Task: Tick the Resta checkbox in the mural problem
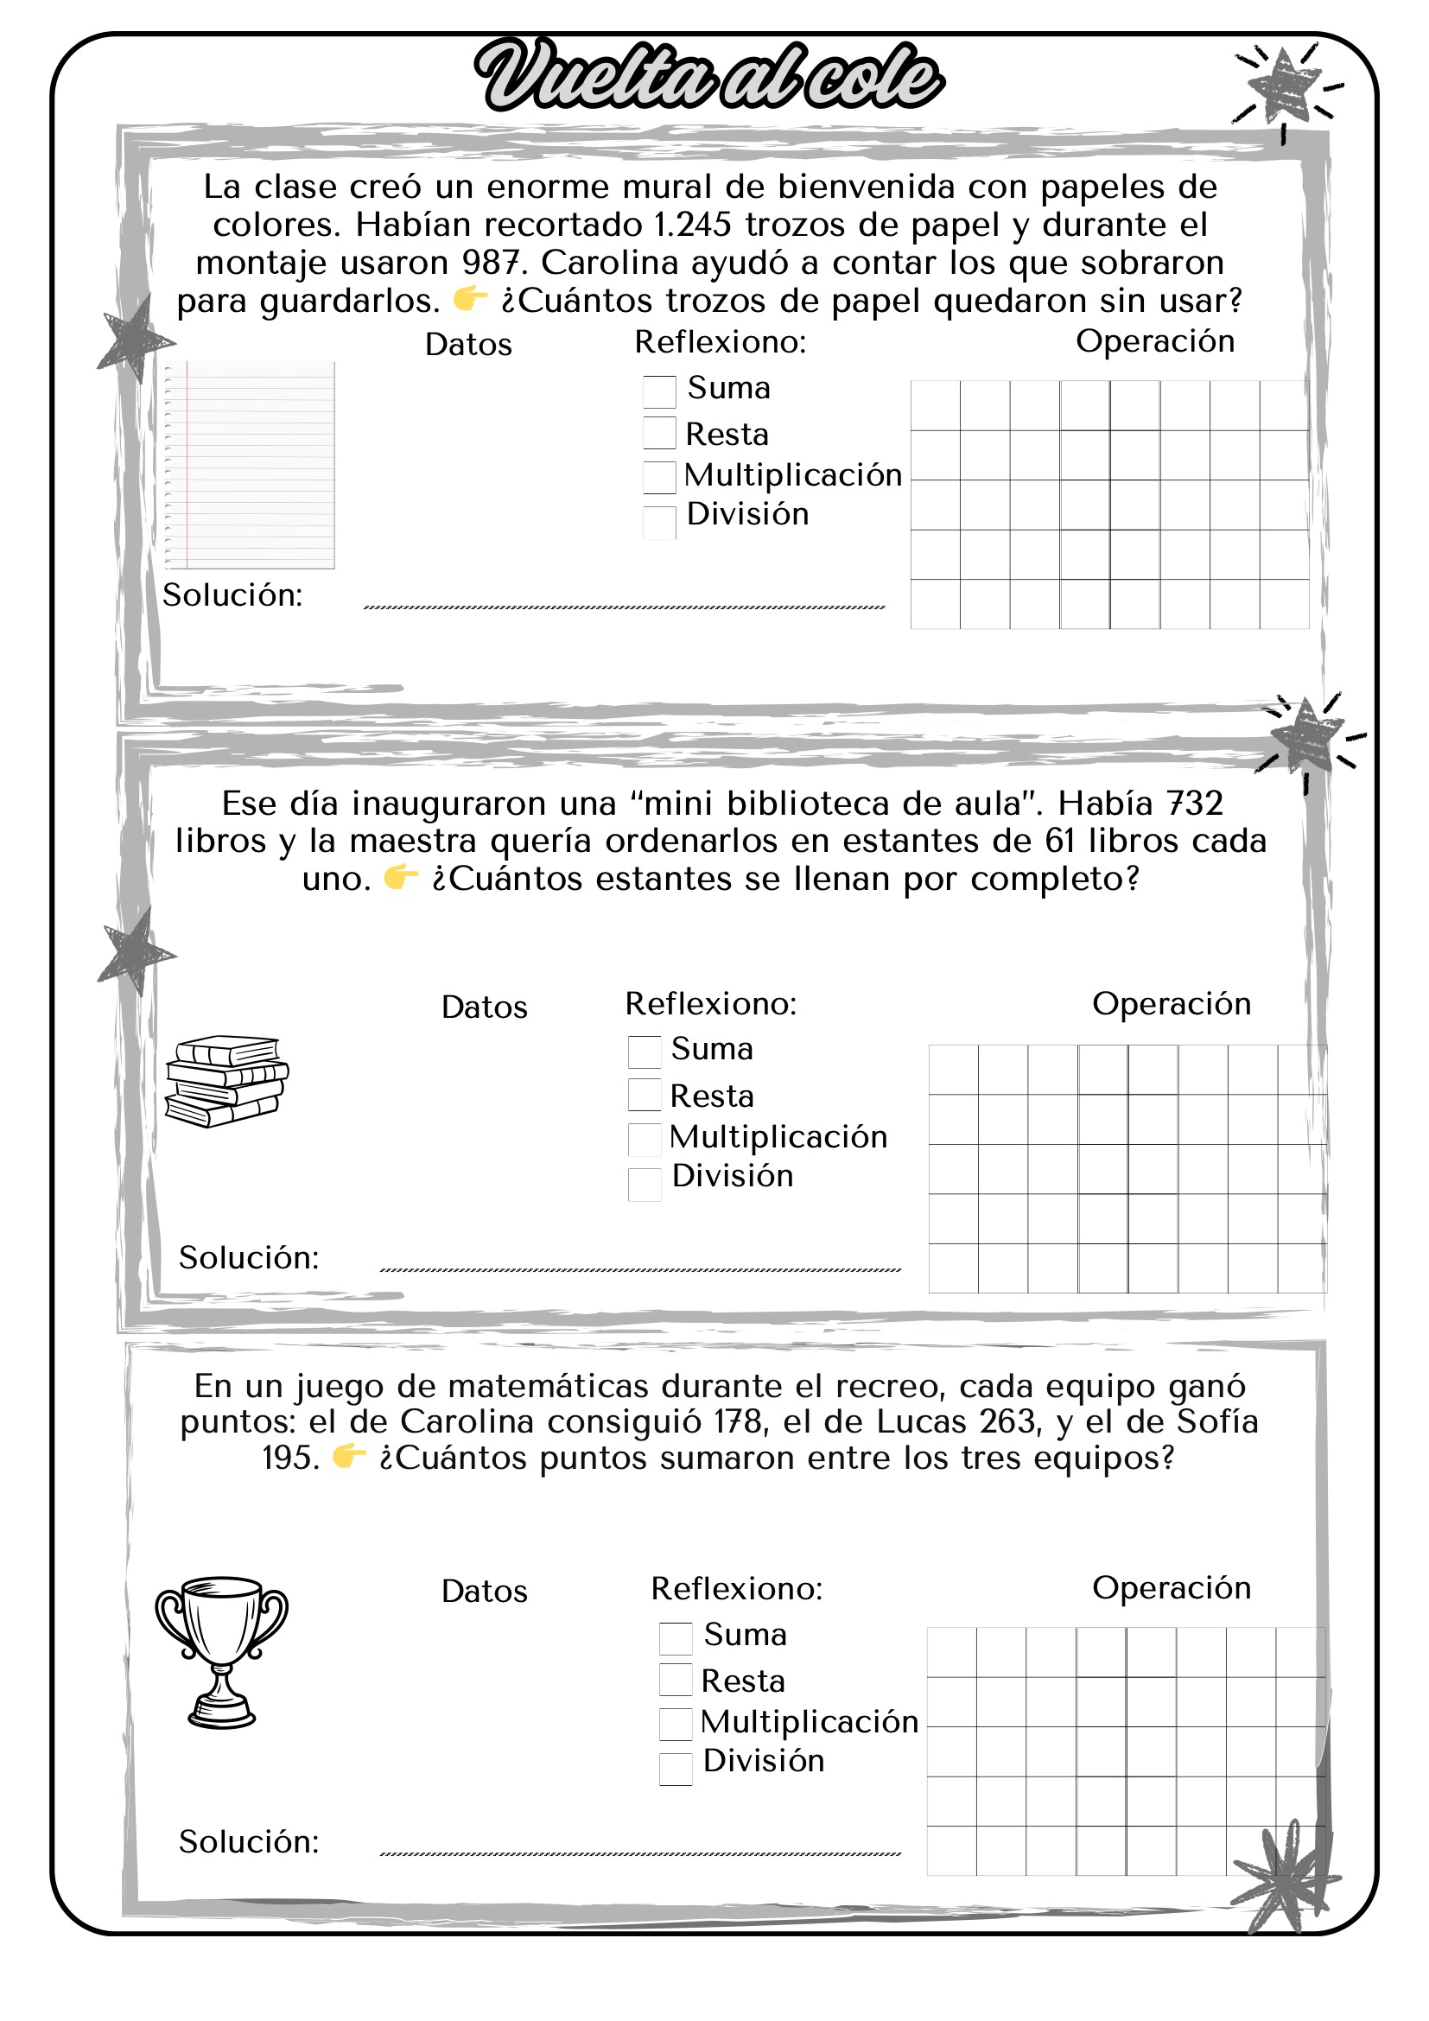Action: pos(659,433)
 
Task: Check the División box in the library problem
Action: pos(645,1184)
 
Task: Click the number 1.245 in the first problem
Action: pos(693,226)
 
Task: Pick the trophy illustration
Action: pos(222,1653)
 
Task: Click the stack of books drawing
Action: pos(226,1081)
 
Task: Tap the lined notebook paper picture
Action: pos(250,465)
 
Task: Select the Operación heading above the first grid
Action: pos(1154,341)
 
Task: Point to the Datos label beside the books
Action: pos(484,1007)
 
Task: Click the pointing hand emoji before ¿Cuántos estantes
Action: pos(400,878)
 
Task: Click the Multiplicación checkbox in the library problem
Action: pos(645,1139)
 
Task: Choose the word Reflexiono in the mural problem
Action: pos(720,341)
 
